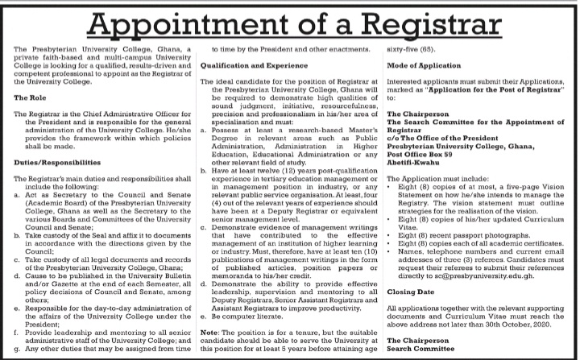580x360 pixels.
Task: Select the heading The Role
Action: tap(31, 118)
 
